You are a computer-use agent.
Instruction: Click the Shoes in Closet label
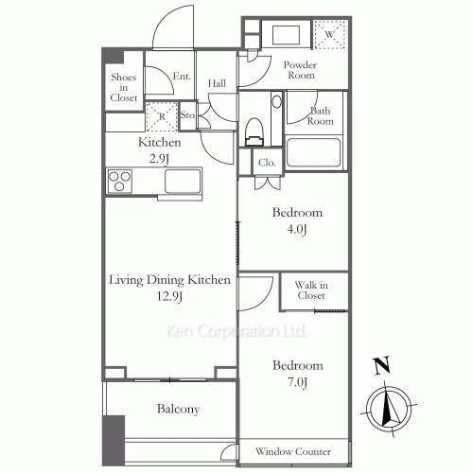pyautogui.click(x=124, y=87)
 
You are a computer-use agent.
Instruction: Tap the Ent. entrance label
pyautogui.click(x=182, y=78)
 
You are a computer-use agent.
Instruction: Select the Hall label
pyautogui.click(x=217, y=83)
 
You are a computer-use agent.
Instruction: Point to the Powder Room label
pyautogui.click(x=300, y=69)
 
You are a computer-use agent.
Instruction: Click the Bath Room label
pyautogui.click(x=322, y=115)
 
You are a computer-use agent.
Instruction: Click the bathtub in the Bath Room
pyautogui.click(x=312, y=153)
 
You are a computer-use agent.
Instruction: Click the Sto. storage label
pyautogui.click(x=187, y=116)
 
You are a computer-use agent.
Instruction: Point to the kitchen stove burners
pyautogui.click(x=120, y=180)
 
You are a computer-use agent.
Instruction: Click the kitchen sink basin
pyautogui.click(x=184, y=181)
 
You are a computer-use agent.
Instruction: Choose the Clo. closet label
pyautogui.click(x=267, y=163)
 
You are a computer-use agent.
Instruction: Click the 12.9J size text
pyautogui.click(x=169, y=297)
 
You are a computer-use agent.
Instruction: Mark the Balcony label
pyautogui.click(x=177, y=410)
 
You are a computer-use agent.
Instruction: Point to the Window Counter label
pyautogui.click(x=292, y=453)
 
